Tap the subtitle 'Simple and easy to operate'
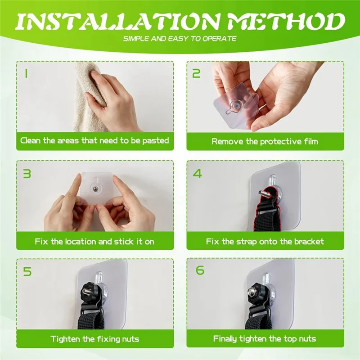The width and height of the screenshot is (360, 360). pyautogui.click(x=180, y=39)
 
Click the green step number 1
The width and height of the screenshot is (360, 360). pyautogui.click(x=26, y=74)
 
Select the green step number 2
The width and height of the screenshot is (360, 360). pyautogui.click(x=196, y=73)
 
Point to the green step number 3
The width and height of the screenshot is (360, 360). pyautogui.click(x=27, y=174)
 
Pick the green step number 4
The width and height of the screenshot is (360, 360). pyautogui.click(x=197, y=174)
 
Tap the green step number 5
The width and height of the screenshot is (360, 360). pyautogui.click(x=27, y=272)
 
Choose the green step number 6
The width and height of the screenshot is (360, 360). pyautogui.click(x=200, y=270)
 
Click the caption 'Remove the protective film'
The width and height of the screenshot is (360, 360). pyautogui.click(x=265, y=141)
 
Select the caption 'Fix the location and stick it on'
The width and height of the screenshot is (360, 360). pyautogui.click(x=94, y=242)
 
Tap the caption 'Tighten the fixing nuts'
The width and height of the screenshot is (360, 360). pyautogui.click(x=95, y=339)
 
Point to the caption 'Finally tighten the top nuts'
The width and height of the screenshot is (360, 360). pyautogui.click(x=265, y=339)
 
